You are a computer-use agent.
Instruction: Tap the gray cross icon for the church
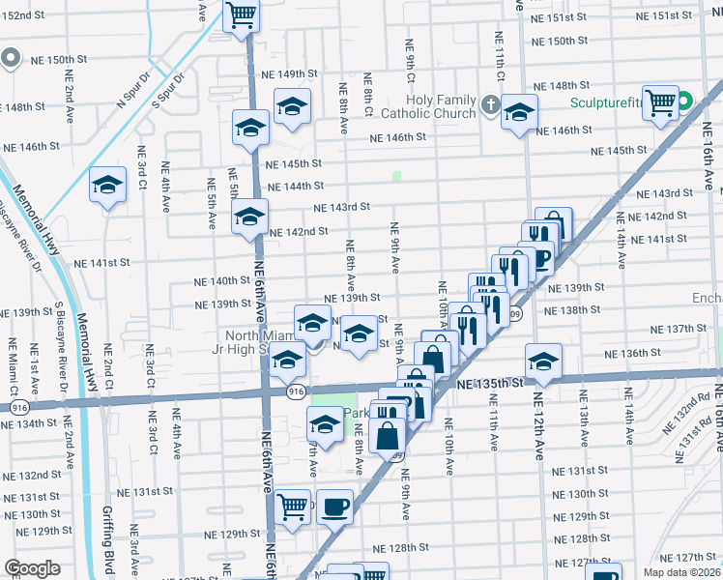tap(490, 104)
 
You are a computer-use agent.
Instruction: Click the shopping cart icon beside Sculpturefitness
tap(660, 101)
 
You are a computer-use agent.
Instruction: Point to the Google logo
tap(32, 568)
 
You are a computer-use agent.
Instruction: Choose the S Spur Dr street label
tap(166, 92)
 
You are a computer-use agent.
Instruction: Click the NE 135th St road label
tap(489, 384)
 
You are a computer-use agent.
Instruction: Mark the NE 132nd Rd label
tap(697, 406)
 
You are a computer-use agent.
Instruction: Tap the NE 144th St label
tap(294, 187)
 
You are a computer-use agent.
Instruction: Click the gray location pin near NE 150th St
tap(10, 58)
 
